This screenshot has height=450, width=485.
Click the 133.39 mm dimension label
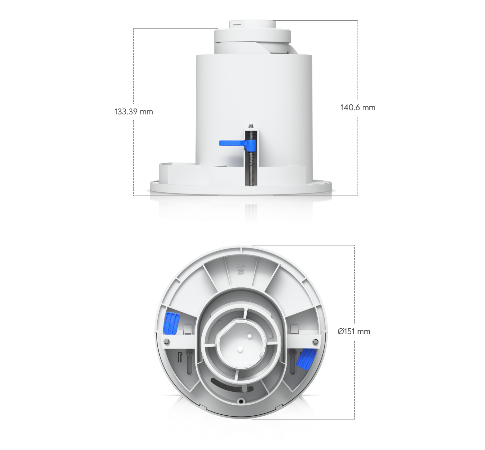(133, 112)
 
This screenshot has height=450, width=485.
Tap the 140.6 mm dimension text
(358, 107)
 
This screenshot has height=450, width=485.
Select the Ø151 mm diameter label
(354, 331)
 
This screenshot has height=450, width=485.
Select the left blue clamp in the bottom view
(171, 321)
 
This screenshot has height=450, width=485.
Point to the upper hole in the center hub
(249, 336)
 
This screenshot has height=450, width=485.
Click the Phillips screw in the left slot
(189, 353)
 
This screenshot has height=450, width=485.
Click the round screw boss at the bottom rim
(241, 401)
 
